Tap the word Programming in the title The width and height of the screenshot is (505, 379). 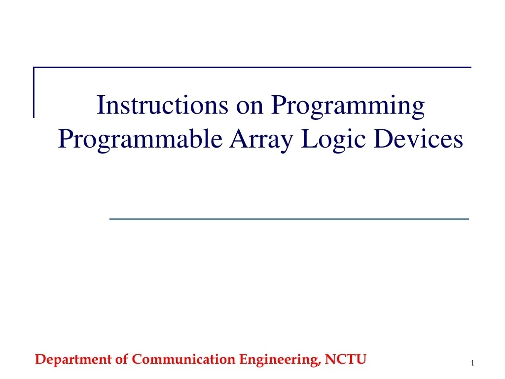coord(348,106)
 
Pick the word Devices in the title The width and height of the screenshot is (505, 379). coord(418,139)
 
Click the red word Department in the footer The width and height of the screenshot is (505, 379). coord(74,360)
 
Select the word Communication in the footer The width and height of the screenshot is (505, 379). coord(184,360)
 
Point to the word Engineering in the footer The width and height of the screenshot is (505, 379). coord(280,360)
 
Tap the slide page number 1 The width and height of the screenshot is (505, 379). coord(472,364)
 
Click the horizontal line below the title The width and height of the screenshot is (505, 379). coord(289,218)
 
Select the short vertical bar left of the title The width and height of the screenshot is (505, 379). coord(34,92)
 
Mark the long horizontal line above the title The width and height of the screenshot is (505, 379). coord(252,67)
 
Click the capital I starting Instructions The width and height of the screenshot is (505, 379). coord(100,105)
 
